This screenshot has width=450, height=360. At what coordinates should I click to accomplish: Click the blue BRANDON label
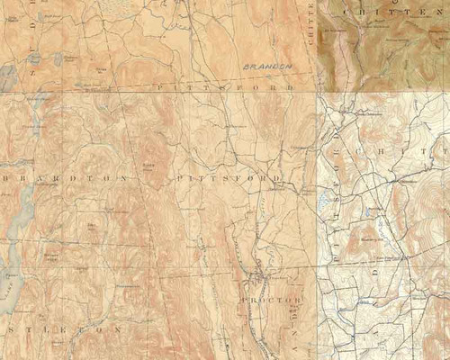coord(267,67)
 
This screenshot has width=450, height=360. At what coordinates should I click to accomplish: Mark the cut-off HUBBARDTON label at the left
coord(63,178)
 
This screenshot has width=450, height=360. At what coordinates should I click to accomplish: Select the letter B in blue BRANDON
coord(246,67)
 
